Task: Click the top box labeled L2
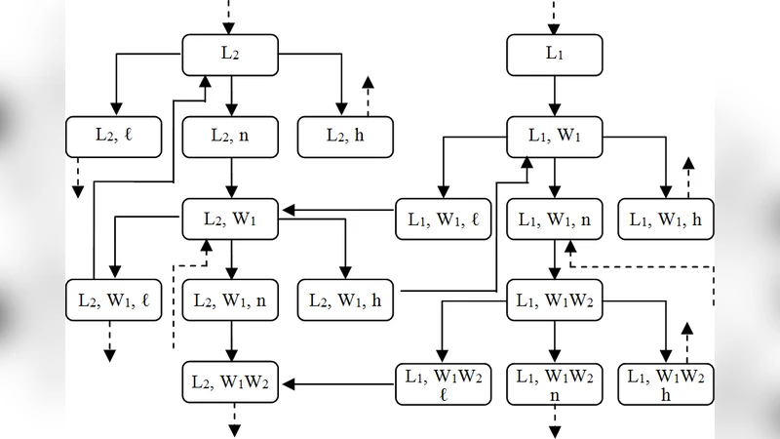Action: pyautogui.click(x=230, y=55)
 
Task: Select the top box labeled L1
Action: pyautogui.click(x=554, y=55)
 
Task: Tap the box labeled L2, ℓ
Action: pyautogui.click(x=113, y=137)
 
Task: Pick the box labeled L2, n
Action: pyautogui.click(x=230, y=137)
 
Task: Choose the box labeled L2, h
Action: pyautogui.click(x=344, y=137)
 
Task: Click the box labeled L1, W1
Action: pyautogui.click(x=554, y=137)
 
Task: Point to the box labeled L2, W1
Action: pyautogui.click(x=230, y=219)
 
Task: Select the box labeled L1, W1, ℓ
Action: pyautogui.click(x=443, y=219)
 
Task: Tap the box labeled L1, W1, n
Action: pyautogui.click(x=554, y=219)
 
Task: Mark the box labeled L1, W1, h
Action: pyautogui.click(x=666, y=219)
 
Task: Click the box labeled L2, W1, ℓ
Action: pyautogui.click(x=113, y=301)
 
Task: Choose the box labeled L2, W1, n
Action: pyautogui.click(x=230, y=301)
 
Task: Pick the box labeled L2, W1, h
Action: pyautogui.click(x=344, y=301)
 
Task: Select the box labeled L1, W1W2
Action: pyautogui.click(x=554, y=301)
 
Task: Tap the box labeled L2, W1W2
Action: pyautogui.click(x=230, y=382)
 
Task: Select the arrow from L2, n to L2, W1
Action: pyautogui.click(x=231, y=179)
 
